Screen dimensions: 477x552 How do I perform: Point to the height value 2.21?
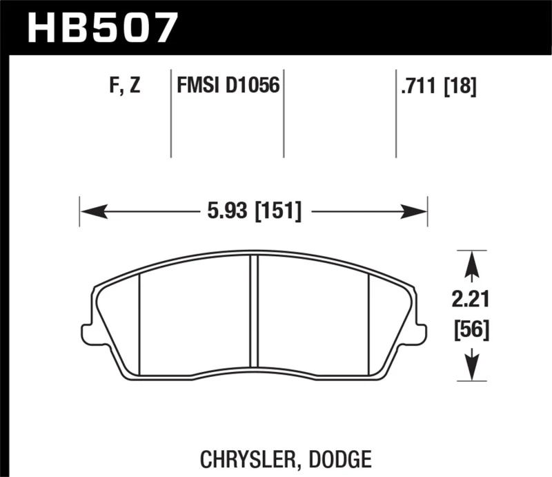[x=471, y=300]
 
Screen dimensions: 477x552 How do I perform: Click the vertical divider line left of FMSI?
[x=170, y=114]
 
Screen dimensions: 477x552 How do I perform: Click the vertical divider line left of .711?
[x=396, y=114]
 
